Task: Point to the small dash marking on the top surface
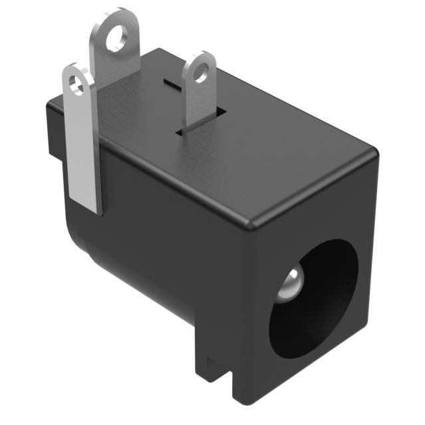click(x=173, y=86)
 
